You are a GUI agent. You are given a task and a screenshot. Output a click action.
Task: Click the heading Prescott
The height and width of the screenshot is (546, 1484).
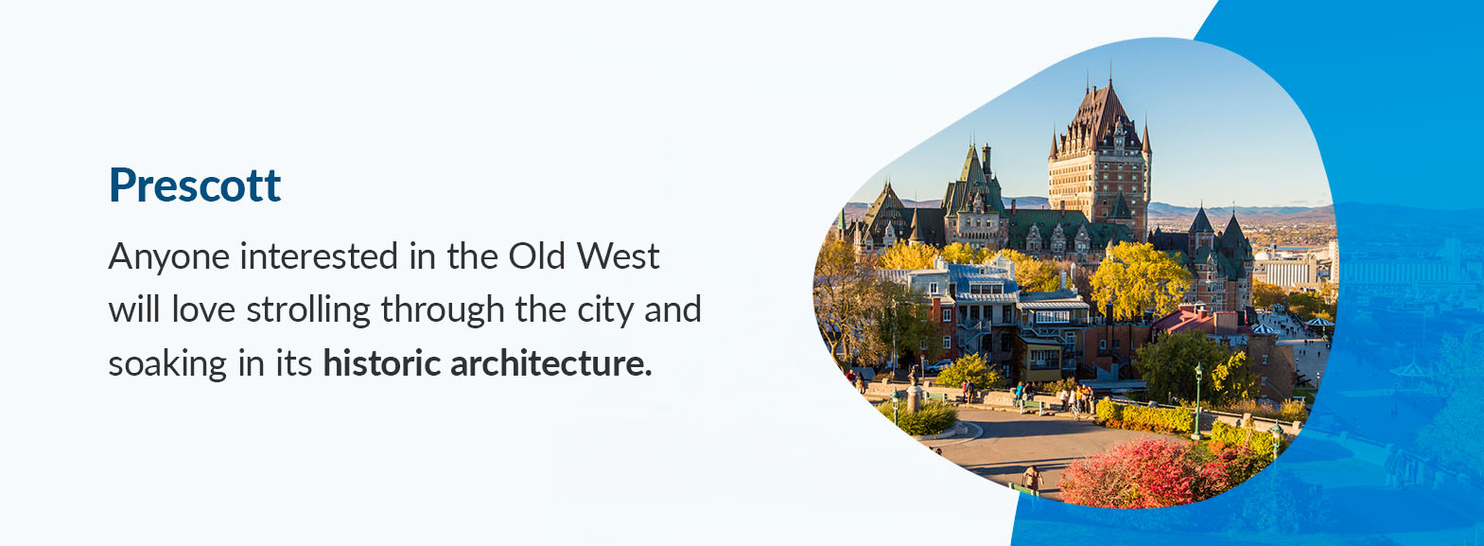coord(195,185)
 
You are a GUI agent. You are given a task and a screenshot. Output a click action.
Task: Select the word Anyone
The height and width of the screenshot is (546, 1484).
coord(166,257)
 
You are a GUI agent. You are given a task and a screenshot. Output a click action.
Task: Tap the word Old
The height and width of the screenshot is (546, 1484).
coord(536,255)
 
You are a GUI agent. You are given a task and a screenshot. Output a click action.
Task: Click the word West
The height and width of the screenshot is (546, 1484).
coord(618,255)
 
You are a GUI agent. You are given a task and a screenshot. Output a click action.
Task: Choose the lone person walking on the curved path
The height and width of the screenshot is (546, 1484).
coord(1032,478)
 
